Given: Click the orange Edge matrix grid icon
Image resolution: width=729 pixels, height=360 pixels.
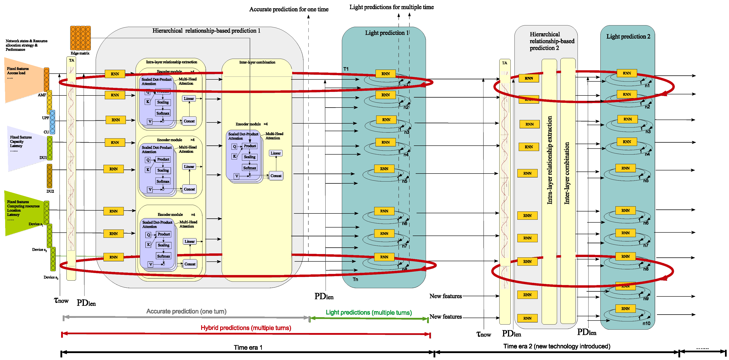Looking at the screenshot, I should (x=80, y=38).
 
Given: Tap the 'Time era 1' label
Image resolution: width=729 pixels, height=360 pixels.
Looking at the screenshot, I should (x=248, y=347).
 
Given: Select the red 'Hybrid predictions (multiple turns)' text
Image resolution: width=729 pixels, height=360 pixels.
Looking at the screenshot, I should (x=246, y=328).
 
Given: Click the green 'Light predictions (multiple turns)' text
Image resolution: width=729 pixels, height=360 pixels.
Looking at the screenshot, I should (x=368, y=312).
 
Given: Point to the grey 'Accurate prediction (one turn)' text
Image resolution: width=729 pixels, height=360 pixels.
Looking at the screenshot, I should (x=186, y=311).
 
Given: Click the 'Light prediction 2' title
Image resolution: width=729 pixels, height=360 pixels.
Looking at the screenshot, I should (x=628, y=37).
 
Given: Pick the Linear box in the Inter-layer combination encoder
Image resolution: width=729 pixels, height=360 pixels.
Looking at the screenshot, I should (x=275, y=153).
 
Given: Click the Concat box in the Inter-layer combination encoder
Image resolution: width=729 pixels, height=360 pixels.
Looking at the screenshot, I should (x=276, y=176).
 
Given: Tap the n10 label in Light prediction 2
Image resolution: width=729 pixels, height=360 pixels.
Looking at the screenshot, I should (x=646, y=323).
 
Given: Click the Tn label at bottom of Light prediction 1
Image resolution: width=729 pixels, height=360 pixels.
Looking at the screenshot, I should (x=355, y=279).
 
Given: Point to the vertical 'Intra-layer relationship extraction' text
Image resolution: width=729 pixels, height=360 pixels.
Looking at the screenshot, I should (x=549, y=160).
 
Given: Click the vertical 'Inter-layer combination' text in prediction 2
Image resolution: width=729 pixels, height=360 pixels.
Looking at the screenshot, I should (x=567, y=173).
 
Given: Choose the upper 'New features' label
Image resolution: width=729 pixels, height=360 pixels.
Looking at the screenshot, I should (x=445, y=296).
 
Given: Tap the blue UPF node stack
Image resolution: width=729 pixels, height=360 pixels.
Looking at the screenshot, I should (x=52, y=122).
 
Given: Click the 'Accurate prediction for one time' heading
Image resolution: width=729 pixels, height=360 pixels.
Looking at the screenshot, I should (x=289, y=9).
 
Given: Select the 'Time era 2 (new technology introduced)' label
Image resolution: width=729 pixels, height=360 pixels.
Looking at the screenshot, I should (x=556, y=346).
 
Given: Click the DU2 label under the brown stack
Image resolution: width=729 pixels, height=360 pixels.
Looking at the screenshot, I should (x=50, y=191).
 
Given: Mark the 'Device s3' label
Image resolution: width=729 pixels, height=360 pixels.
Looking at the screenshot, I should (x=51, y=277).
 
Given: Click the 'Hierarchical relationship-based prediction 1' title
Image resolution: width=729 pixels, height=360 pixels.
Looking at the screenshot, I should (x=206, y=31).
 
